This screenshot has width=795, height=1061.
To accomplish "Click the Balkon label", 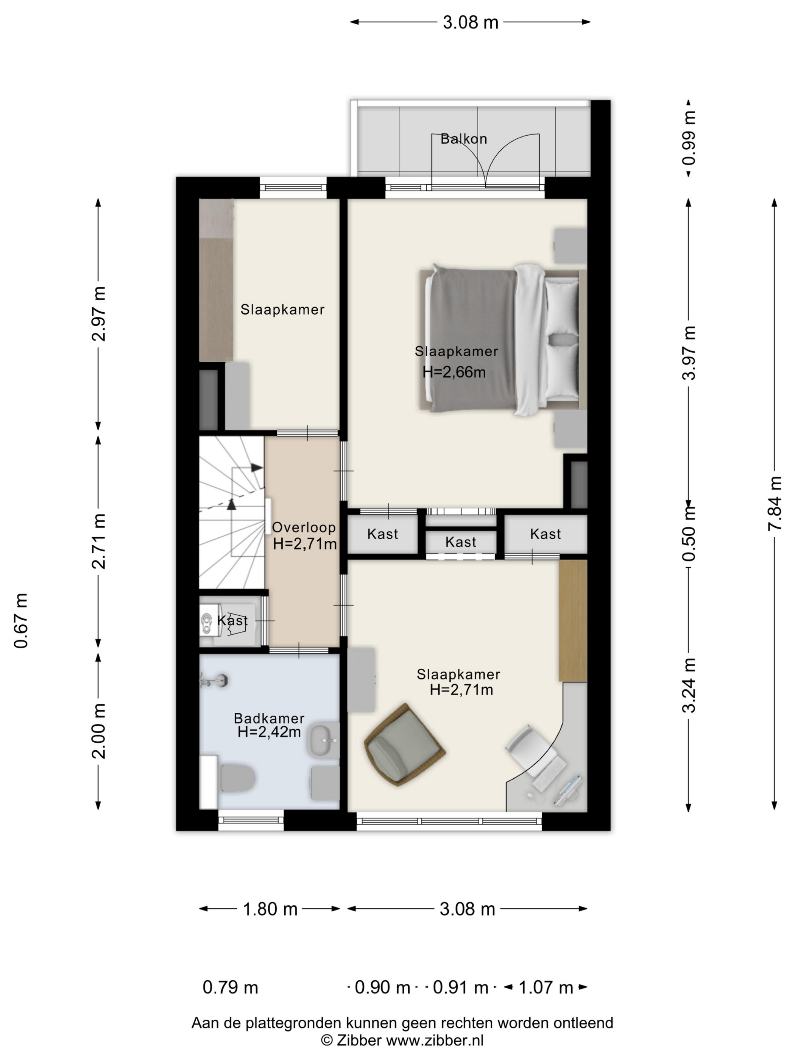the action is coord(463,139).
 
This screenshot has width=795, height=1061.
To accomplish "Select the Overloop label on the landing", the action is coord(304,527).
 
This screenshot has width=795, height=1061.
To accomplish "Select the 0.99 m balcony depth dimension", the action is coord(689,138).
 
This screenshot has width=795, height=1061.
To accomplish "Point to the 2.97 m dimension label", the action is coord(99,314).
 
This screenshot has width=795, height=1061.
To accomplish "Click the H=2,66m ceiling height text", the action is coord(454,372).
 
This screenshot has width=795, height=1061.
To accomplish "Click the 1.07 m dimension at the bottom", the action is coord(546,987).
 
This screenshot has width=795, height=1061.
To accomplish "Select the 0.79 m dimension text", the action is coord(231,987).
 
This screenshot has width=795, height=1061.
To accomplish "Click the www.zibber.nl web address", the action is coord(435,1041).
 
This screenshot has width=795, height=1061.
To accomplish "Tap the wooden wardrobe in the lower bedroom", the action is coord(573,620).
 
